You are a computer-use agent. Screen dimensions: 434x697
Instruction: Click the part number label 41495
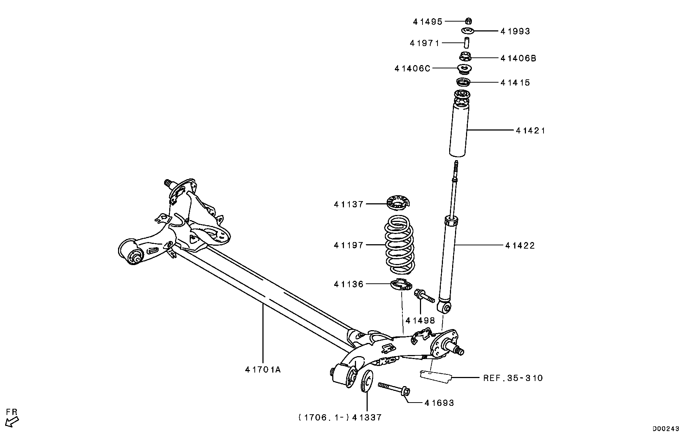[427, 22]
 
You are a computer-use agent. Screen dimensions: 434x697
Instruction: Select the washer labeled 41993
[468, 31]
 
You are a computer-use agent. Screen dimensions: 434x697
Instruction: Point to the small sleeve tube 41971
[467, 42]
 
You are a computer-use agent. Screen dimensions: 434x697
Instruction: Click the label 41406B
[518, 58]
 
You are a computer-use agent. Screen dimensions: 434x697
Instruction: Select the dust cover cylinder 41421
[460, 132]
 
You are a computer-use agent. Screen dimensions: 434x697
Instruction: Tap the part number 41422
[520, 246]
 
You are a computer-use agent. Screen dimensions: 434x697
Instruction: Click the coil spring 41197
[400, 245]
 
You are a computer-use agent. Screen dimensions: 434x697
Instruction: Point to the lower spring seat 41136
[402, 284]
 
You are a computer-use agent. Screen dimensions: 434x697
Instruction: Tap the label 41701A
[263, 370]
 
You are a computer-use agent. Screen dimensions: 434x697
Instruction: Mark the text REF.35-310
[513, 378]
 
